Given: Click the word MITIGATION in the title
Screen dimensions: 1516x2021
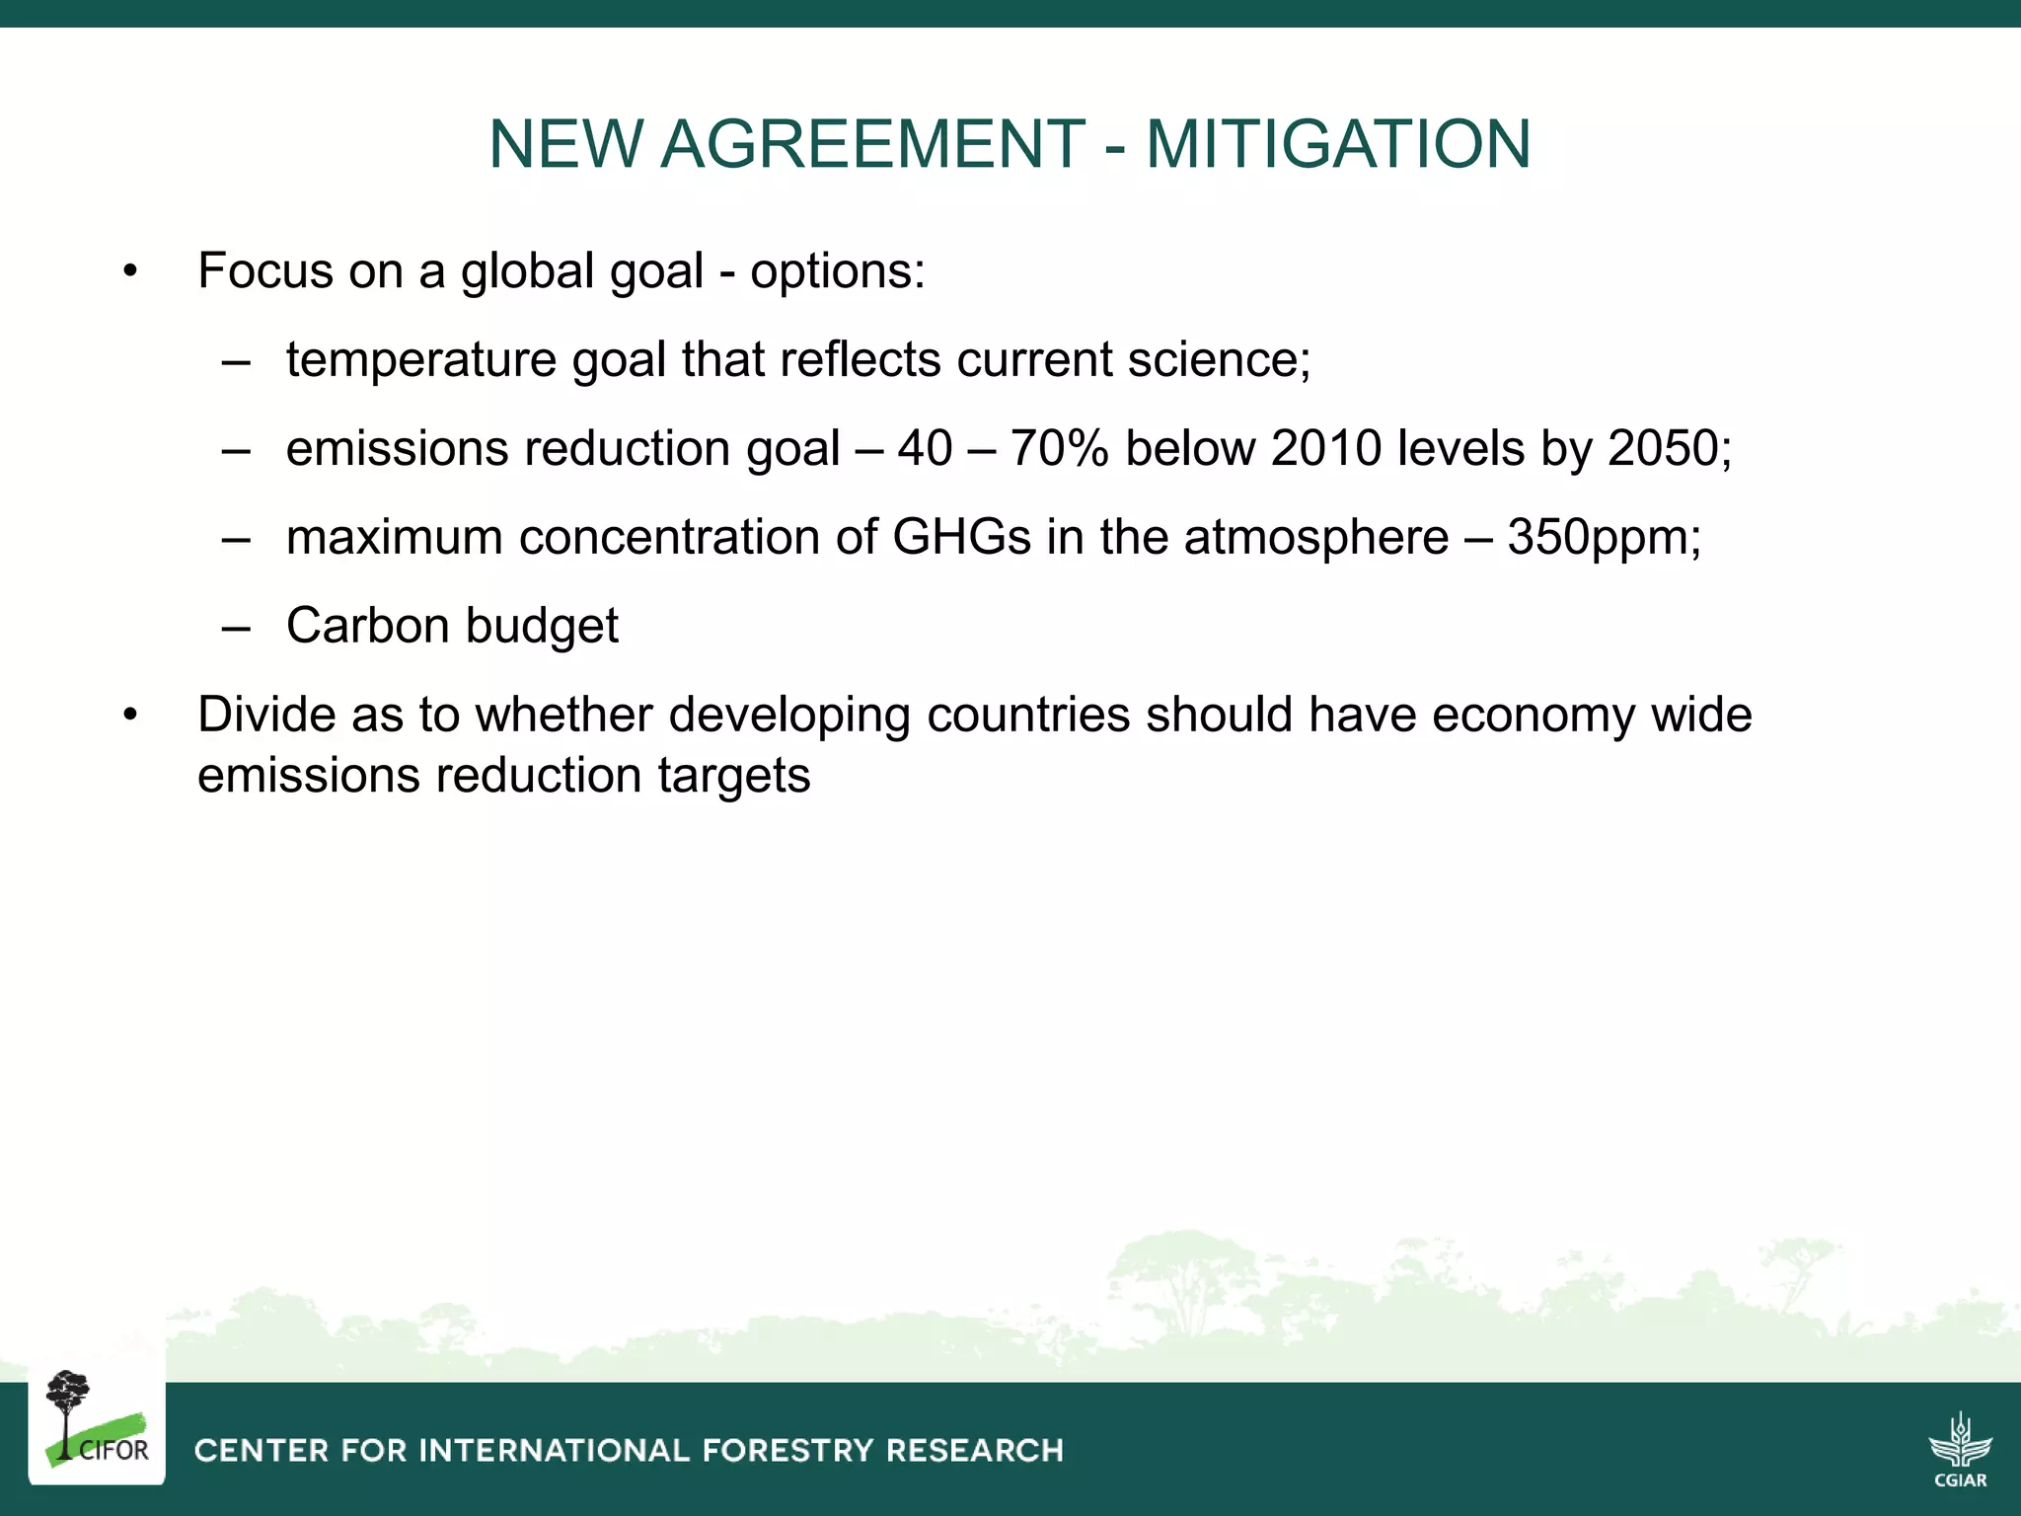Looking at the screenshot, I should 1337,144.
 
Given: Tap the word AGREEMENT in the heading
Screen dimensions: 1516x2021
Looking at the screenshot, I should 872,144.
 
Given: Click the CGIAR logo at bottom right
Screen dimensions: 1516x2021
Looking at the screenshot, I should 1960,1448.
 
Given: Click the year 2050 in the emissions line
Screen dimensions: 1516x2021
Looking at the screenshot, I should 1664,449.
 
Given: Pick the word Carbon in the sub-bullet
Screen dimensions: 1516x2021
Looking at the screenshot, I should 367,626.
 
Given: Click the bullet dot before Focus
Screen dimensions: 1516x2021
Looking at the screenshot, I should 130,271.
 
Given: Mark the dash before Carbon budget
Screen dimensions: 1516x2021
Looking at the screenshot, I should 236,627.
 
